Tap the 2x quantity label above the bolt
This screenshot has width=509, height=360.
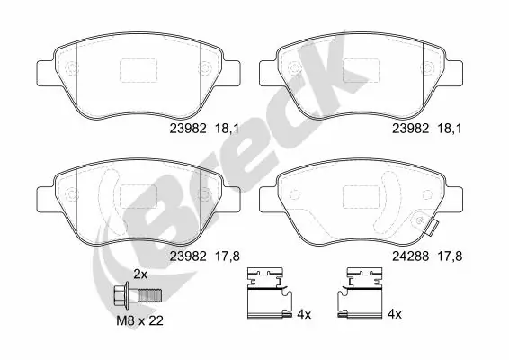tap(140, 274)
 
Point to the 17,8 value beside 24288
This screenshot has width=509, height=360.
tap(451, 256)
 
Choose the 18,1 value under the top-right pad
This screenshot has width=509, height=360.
tap(451, 129)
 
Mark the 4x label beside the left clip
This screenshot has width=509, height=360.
tap(303, 315)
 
